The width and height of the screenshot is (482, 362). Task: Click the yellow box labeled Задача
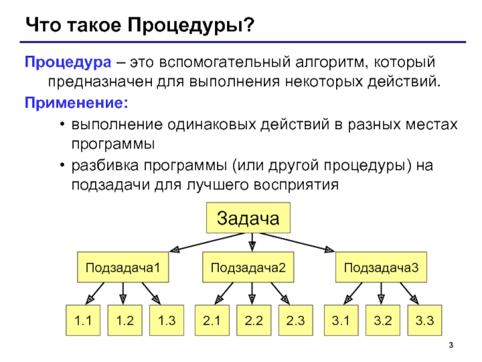point(248,218)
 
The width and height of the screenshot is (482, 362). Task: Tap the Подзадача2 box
point(248,266)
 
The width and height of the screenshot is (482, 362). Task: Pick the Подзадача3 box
point(381,266)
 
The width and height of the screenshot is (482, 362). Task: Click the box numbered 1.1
point(83,320)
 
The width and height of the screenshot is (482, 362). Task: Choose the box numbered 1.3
point(166,320)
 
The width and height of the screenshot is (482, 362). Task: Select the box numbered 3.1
point(341,320)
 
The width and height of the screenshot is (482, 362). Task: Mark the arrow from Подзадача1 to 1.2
point(123,293)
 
